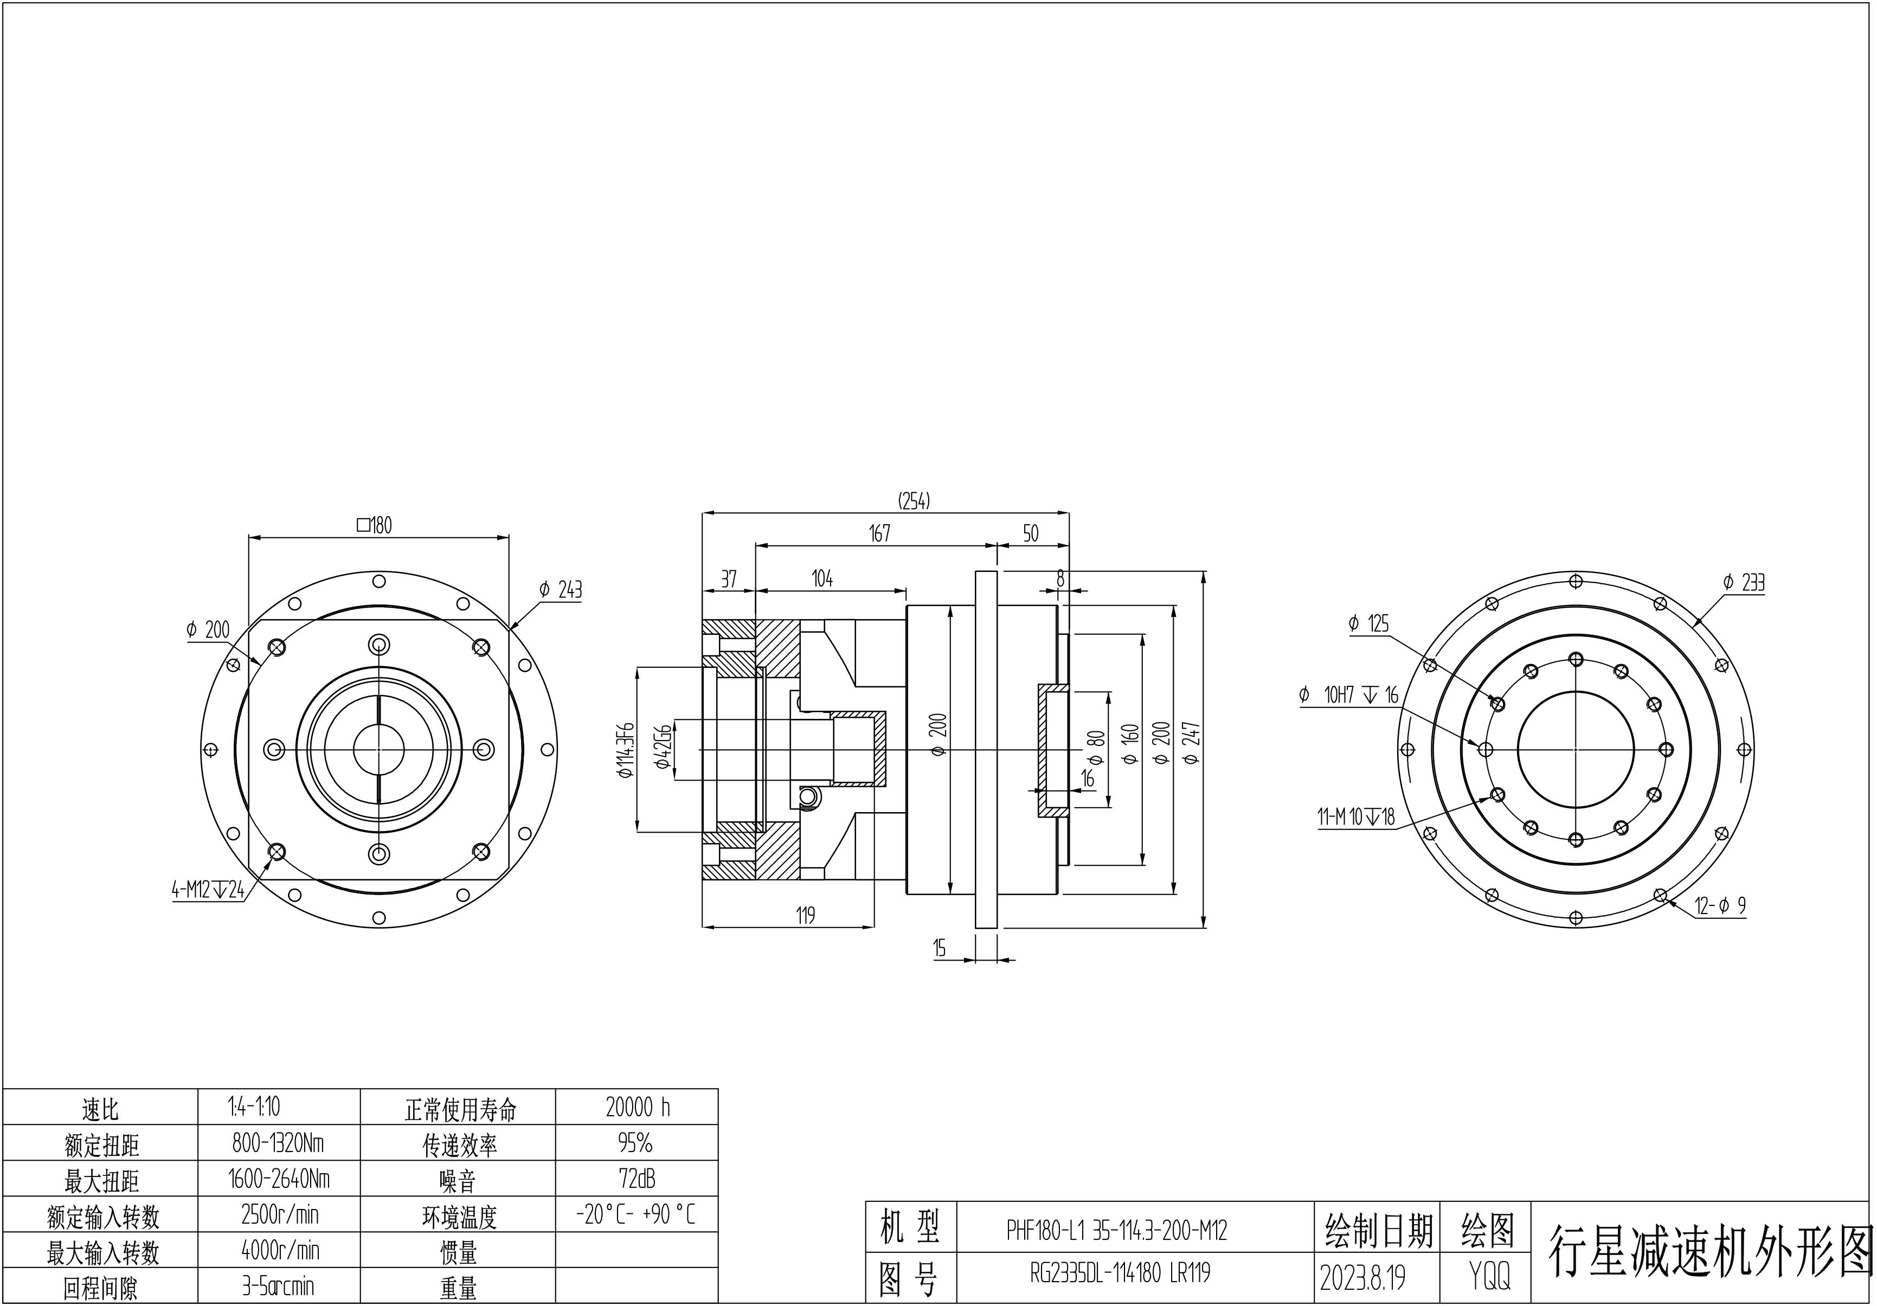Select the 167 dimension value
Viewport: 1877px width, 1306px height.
click(879, 533)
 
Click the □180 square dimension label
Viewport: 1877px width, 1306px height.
click(375, 525)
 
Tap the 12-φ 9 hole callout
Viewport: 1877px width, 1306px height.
click(1719, 905)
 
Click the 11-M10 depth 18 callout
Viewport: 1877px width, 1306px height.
click(1355, 816)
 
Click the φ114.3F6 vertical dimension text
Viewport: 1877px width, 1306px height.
click(626, 749)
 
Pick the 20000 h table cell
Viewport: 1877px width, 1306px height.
click(637, 1108)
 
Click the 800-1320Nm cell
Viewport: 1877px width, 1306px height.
click(279, 1142)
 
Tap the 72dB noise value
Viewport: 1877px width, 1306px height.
click(637, 1179)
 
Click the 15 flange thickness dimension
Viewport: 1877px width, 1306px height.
click(940, 948)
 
